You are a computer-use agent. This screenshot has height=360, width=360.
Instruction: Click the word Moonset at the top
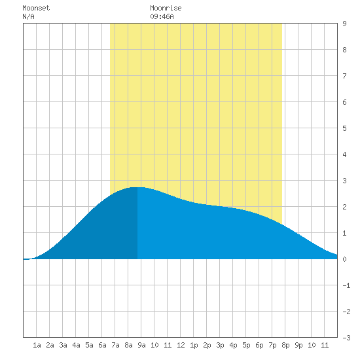36,8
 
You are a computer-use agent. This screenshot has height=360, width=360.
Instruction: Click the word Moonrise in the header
166,8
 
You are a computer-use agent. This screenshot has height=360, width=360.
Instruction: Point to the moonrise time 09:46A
162,16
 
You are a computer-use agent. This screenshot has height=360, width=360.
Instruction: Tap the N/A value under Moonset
28,16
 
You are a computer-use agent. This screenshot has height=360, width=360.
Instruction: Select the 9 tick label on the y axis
344,24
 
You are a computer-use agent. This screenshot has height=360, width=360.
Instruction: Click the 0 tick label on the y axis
344,259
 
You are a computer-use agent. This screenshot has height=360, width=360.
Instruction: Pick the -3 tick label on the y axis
346,338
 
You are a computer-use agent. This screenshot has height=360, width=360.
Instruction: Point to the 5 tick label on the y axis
344,128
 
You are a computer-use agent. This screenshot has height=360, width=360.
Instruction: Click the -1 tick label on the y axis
346,285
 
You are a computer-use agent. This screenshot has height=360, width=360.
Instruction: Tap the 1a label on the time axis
37,345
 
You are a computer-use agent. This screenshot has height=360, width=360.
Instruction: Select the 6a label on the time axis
102,345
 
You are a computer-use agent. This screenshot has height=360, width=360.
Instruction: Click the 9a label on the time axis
141,345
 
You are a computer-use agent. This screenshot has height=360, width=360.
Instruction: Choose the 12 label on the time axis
181,345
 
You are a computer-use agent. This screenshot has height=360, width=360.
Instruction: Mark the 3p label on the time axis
220,345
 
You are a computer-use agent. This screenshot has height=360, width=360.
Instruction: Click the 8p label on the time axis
285,345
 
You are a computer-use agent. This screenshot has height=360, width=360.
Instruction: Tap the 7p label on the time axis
272,345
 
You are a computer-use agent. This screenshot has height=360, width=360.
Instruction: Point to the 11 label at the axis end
325,345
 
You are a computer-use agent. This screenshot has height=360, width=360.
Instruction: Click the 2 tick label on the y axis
344,207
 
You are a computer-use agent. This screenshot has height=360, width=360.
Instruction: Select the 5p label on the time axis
246,345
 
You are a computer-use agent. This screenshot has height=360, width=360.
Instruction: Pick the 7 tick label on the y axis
344,76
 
